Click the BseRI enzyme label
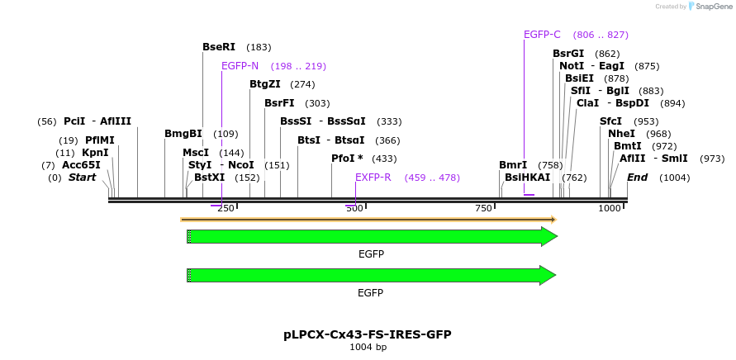219,47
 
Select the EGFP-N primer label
240,66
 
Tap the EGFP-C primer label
542,35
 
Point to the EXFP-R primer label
373,178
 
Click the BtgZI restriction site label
265,84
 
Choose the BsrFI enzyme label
279,103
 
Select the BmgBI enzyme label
183,134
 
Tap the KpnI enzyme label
94,153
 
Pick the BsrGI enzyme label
568,54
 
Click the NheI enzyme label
621,134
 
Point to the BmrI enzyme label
513,165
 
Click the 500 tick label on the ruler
355,209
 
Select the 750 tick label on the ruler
484,209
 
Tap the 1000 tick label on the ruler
610,209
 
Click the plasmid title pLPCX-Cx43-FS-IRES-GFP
368,334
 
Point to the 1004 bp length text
368,348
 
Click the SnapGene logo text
715,7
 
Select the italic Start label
82,178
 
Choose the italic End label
638,178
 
